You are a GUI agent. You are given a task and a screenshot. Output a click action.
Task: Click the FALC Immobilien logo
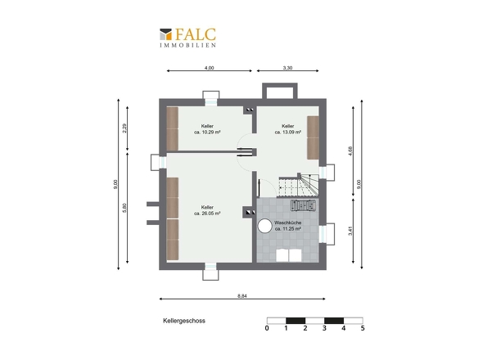[187, 38]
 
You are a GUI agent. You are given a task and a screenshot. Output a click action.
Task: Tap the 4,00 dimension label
[209, 68]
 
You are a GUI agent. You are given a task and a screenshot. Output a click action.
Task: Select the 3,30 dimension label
[287, 68]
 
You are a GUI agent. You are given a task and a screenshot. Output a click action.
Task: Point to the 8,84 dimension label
[242, 296]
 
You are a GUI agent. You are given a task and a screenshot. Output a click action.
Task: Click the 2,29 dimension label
[124, 128]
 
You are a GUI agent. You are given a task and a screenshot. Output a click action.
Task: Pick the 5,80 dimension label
[124, 208]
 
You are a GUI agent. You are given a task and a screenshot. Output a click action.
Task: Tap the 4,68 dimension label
[350, 151]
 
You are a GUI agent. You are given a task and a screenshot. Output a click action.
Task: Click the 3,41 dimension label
[350, 231]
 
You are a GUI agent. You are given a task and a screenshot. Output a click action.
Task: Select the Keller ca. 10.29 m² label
[207, 129]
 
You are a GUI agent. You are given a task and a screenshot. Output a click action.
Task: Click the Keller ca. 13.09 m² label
[287, 129]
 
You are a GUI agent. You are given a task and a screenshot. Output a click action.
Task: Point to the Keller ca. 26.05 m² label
[207, 210]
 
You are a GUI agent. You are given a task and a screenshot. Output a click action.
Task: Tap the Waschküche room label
[287, 226]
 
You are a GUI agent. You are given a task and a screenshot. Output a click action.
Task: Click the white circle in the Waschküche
[264, 226]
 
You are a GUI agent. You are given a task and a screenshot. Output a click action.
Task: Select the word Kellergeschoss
[184, 321]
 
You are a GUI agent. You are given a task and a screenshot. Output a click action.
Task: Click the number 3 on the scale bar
[324, 328]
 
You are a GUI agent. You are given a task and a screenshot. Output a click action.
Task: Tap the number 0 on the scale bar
[267, 328]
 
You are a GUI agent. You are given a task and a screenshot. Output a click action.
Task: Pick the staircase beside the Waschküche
[297, 186]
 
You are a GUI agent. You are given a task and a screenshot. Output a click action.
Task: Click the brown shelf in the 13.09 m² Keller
[313, 137]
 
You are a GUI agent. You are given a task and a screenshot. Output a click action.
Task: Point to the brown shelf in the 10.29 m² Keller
[173, 129]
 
